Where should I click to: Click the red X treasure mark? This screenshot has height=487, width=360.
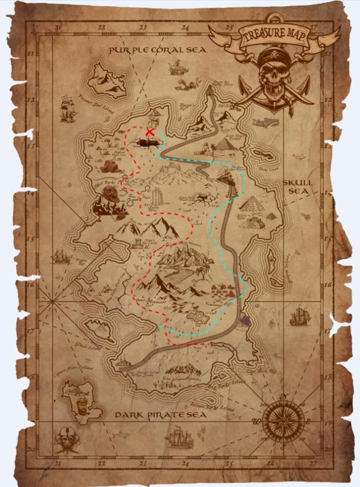point(150,132)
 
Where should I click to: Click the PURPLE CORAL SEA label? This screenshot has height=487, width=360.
point(158,50)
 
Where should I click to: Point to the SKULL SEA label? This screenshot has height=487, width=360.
point(298,187)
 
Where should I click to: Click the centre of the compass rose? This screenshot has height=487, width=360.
point(283,422)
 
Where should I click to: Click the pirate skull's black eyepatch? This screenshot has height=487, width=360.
point(282,69)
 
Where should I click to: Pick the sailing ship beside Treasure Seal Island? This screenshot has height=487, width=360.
point(68,109)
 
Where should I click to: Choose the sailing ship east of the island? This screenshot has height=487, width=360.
point(299,316)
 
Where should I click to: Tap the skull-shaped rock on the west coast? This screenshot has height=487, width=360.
point(110,194)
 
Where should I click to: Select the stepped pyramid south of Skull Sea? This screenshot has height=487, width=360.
point(252,203)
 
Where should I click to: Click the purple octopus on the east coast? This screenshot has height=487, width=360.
point(246,321)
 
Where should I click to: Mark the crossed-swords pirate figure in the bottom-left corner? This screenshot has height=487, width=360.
point(67,439)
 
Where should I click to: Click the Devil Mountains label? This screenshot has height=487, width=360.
point(151,301)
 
